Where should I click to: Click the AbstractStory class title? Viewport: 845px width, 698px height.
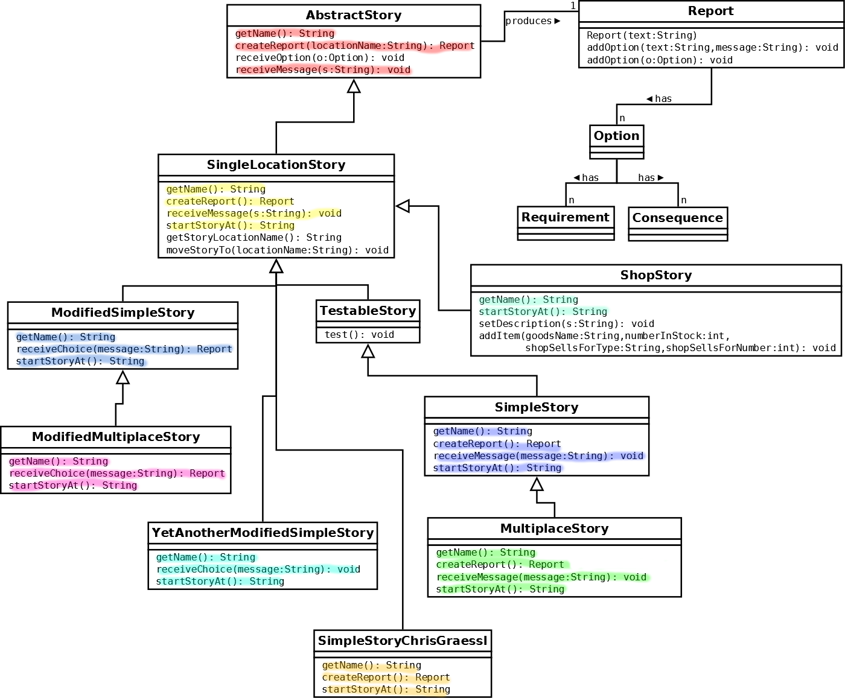(x=353, y=15)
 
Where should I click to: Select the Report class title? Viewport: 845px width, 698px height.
(x=710, y=10)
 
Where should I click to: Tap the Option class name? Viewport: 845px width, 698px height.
(x=616, y=136)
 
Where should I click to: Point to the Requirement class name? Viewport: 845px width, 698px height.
(x=566, y=217)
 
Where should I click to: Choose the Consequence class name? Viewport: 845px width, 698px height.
(x=677, y=218)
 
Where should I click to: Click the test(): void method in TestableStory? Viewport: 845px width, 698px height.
(x=359, y=335)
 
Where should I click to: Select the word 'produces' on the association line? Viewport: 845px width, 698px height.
(x=528, y=21)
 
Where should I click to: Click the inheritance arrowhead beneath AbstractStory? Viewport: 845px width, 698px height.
(x=354, y=86)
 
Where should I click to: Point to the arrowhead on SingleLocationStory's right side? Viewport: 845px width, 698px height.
(x=402, y=206)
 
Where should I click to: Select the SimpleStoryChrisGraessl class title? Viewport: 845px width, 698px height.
(x=402, y=641)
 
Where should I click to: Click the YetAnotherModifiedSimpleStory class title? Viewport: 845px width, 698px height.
(x=263, y=533)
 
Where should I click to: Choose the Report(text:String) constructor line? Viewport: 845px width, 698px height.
(x=642, y=36)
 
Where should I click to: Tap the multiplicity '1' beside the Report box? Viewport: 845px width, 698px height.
(x=573, y=5)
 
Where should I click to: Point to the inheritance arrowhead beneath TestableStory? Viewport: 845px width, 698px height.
(x=368, y=351)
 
